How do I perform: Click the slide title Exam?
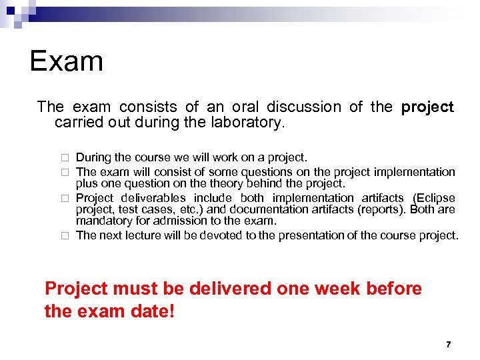pos(67,61)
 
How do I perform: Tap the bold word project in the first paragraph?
pos(427,107)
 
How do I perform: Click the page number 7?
pos(448,345)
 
